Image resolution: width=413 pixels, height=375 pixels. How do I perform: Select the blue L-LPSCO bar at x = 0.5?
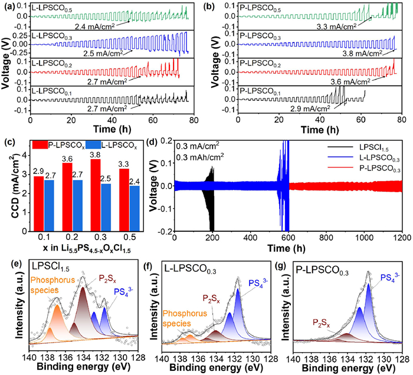(135, 209)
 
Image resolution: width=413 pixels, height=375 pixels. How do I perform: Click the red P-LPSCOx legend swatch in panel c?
(40, 144)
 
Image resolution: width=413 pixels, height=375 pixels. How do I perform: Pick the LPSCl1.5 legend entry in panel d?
(364, 147)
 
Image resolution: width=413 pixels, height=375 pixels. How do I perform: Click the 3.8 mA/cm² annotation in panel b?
(362, 54)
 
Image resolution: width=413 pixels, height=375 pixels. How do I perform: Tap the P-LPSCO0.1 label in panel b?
(260, 92)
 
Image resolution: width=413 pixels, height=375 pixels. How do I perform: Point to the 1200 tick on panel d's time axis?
(402, 238)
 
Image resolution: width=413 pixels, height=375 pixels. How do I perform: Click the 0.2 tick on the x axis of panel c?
(72, 238)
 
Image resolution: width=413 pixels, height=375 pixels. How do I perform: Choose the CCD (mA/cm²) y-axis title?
(16, 186)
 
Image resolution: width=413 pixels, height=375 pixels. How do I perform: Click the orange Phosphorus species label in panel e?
(53, 285)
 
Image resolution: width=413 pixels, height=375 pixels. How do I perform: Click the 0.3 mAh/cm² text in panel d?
(200, 157)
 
